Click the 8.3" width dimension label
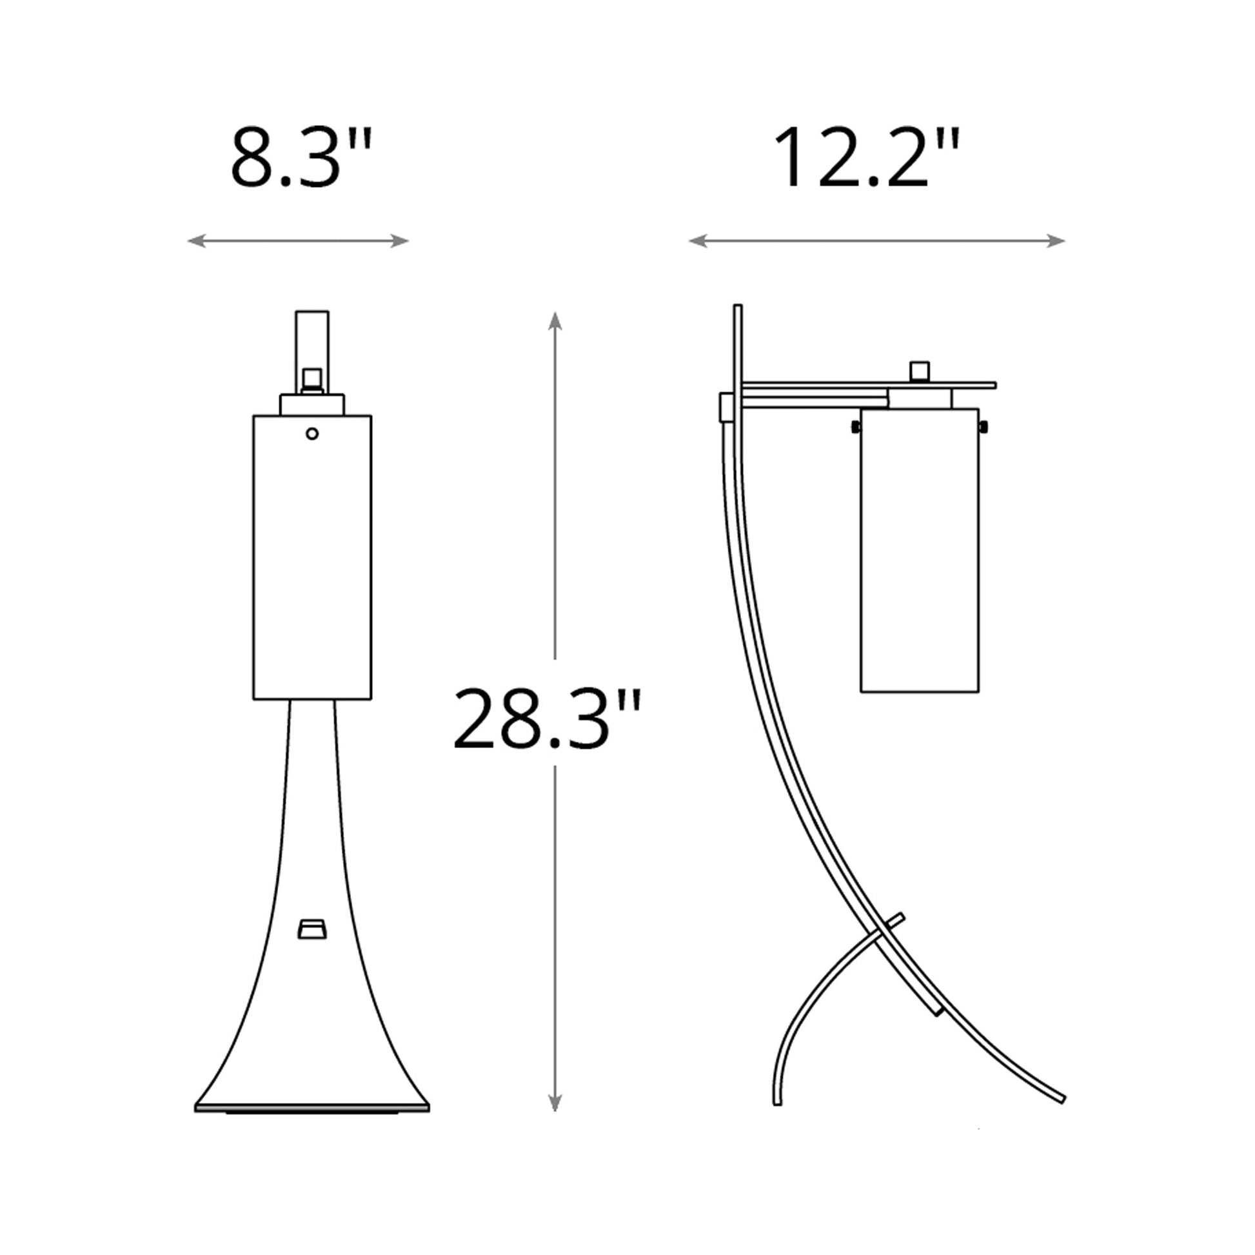(x=301, y=159)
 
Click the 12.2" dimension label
(x=865, y=159)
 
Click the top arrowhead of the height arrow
(x=554, y=320)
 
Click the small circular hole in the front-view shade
(x=311, y=433)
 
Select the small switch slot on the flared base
(x=311, y=929)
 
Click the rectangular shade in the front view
(x=311, y=558)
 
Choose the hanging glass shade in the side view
(x=919, y=552)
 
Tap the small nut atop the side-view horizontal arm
(x=919, y=371)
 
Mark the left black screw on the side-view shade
(x=856, y=427)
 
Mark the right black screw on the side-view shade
(x=983, y=427)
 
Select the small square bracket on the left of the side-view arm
(x=726, y=408)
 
